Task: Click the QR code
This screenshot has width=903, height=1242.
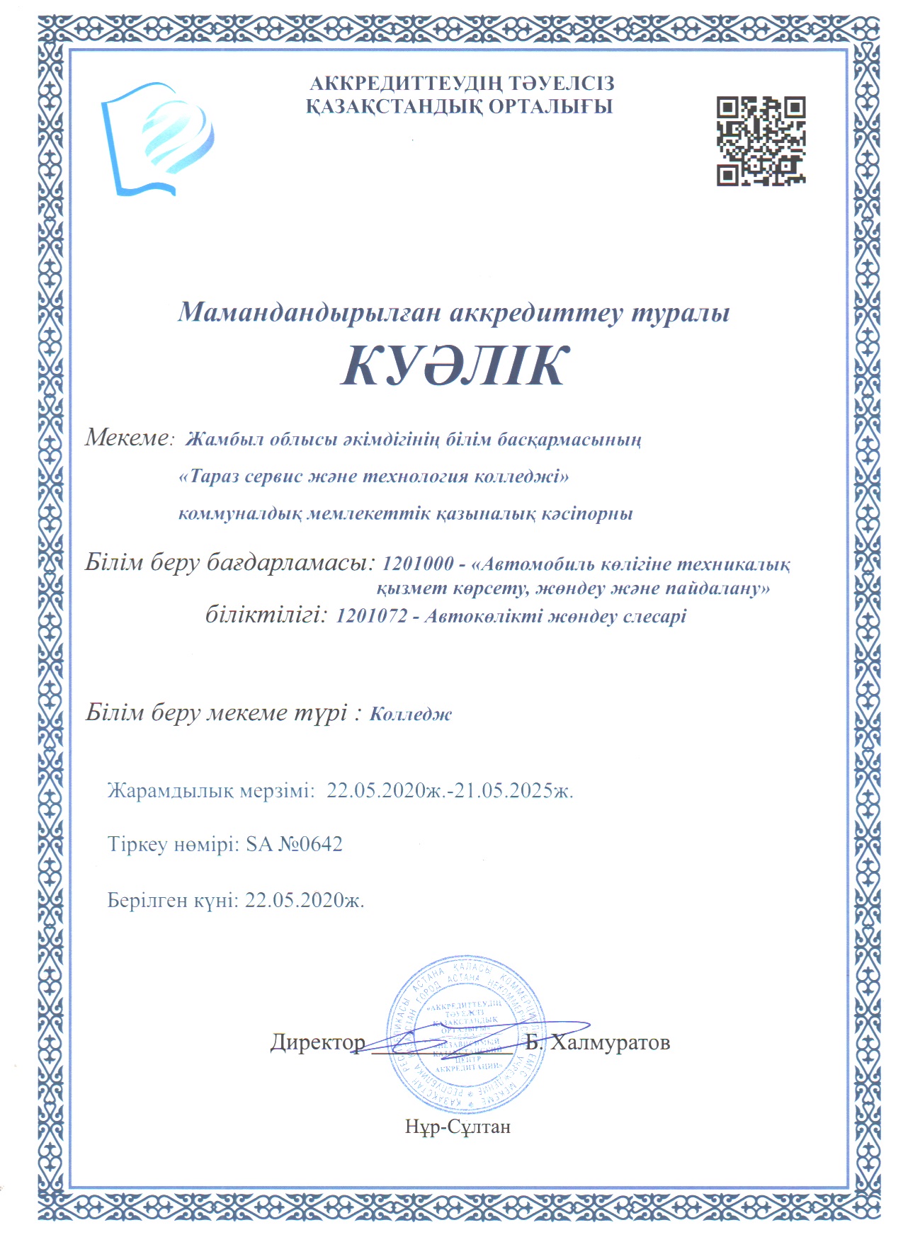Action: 761,142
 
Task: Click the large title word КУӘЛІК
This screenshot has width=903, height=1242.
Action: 455,366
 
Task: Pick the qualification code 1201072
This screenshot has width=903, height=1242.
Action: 372,616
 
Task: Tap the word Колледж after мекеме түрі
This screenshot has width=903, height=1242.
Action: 411,714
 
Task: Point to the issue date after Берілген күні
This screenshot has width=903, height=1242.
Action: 305,900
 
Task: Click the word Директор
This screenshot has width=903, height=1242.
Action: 318,1042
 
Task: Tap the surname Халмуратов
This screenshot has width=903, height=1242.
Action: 610,1042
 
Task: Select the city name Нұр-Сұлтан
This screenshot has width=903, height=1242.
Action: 458,1126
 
